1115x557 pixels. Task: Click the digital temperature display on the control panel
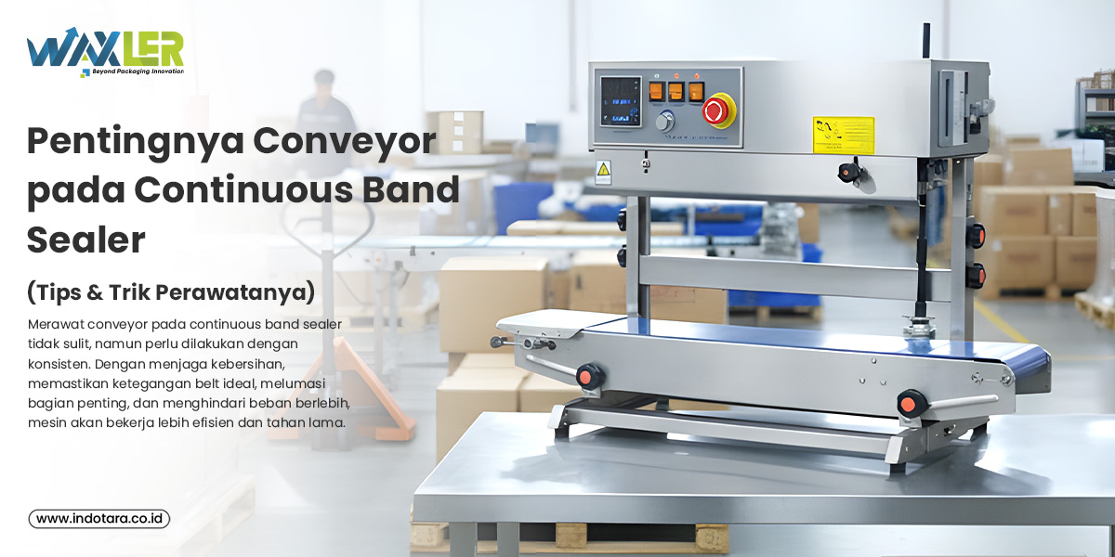pyautogui.click(x=621, y=101)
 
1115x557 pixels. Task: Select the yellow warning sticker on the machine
pyautogui.click(x=844, y=136)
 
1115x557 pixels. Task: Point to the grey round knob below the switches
pyautogui.click(x=664, y=122)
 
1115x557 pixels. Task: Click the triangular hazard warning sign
pyautogui.click(x=603, y=170)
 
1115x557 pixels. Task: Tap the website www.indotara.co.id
pyautogui.click(x=99, y=519)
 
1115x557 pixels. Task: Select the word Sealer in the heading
pyautogui.click(x=86, y=240)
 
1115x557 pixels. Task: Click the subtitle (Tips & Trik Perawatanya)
pyautogui.click(x=171, y=291)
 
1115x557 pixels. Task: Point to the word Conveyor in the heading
pyautogui.click(x=345, y=142)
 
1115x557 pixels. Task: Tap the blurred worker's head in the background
pyautogui.click(x=324, y=83)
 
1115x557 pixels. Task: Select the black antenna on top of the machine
pyautogui.click(x=925, y=40)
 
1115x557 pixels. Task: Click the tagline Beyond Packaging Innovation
pyautogui.click(x=138, y=71)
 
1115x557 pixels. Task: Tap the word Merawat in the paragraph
pyautogui.click(x=52, y=324)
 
